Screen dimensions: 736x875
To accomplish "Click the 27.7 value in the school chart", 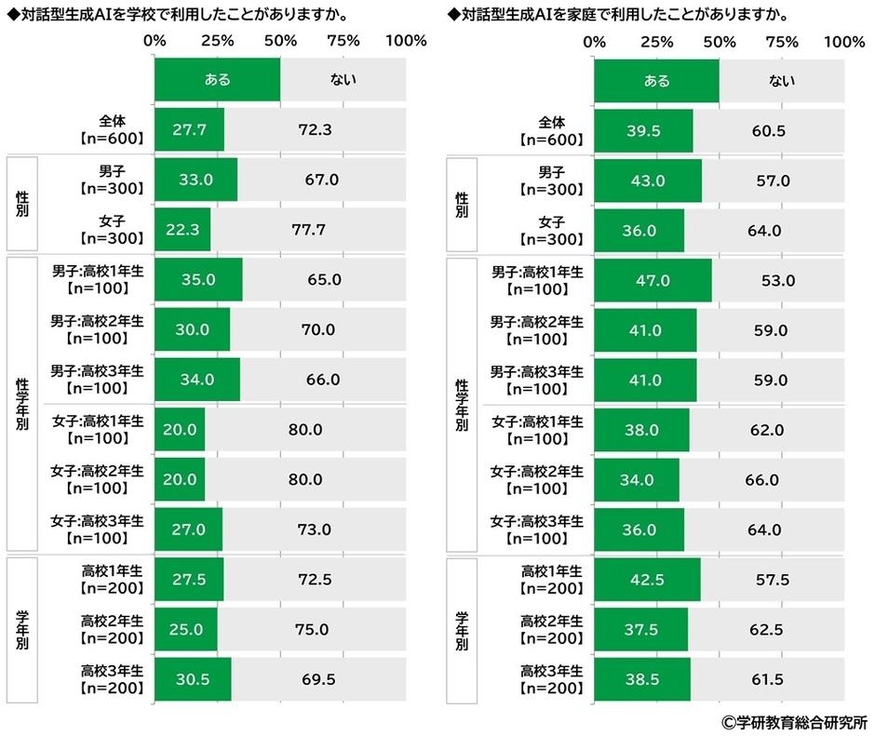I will coord(189,130).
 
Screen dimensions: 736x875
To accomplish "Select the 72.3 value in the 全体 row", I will coord(315,130).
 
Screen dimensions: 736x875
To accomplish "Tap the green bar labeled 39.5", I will coord(643,130).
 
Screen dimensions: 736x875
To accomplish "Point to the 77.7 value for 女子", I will coord(307,230).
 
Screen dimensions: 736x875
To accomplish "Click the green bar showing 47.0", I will coord(653,280).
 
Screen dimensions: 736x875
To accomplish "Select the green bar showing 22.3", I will coord(183,230).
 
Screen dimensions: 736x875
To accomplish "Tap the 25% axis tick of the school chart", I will coord(217,41).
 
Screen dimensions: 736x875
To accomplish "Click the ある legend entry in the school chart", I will coord(217,80).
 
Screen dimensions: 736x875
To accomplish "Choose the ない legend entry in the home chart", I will coord(782,80).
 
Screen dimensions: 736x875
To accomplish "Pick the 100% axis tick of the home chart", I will coord(845,41).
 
